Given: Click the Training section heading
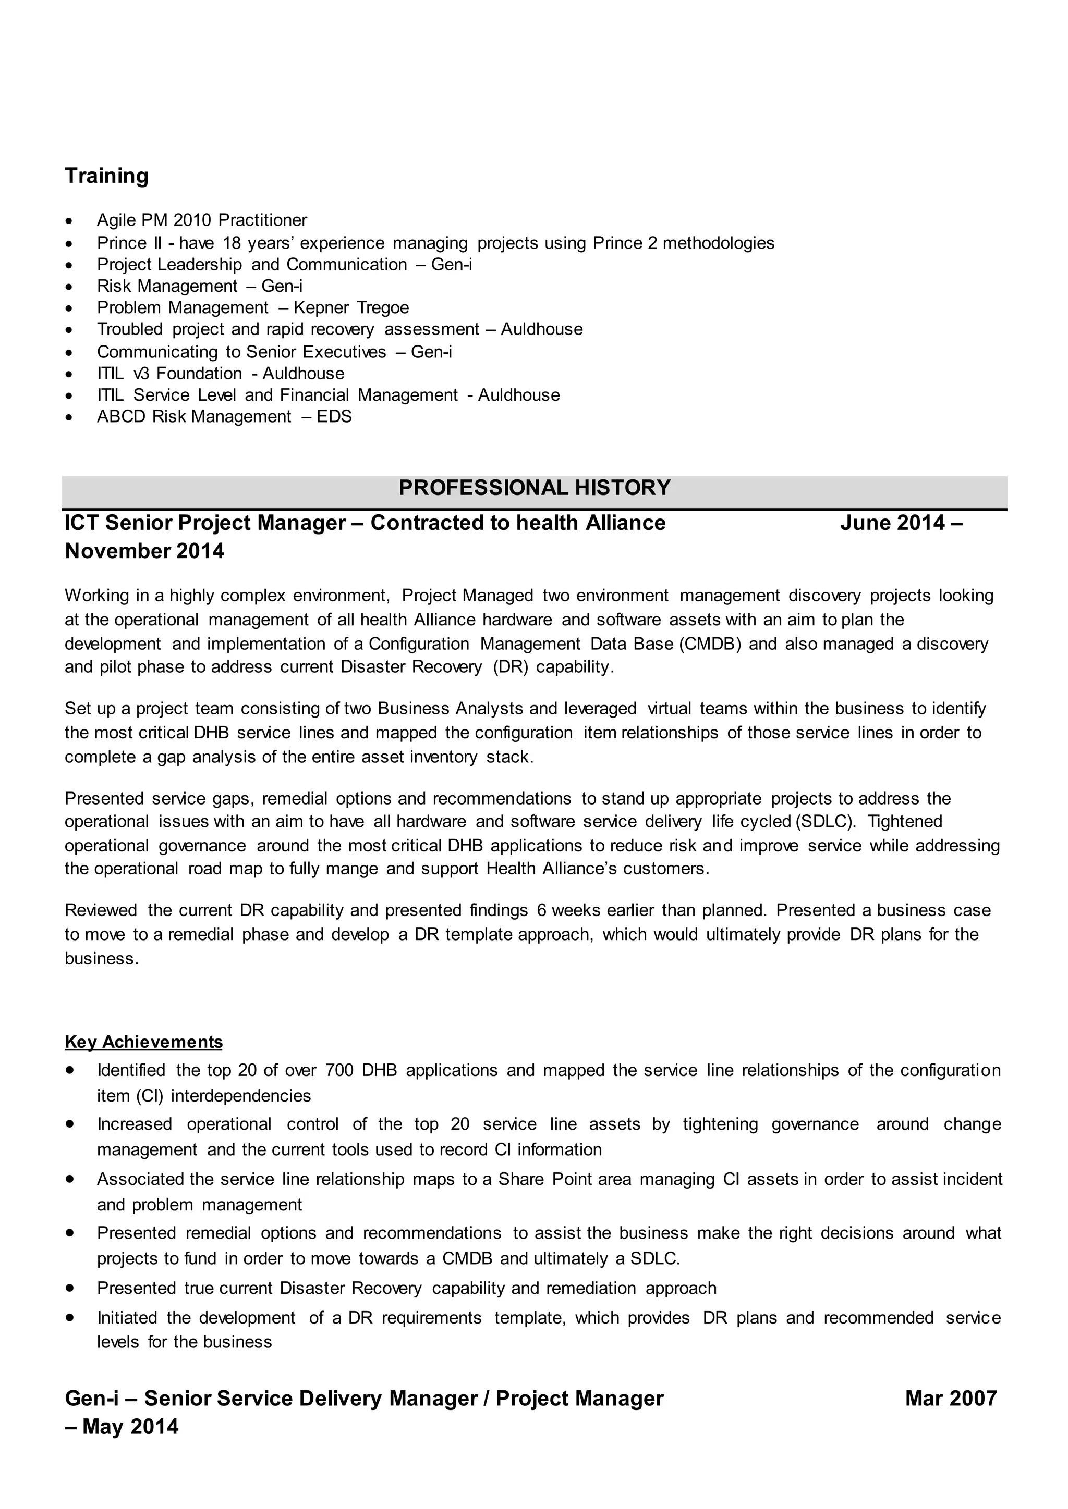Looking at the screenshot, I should pyautogui.click(x=106, y=176).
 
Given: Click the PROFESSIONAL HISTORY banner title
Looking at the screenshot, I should pyautogui.click(x=534, y=488).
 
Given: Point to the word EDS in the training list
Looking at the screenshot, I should pyautogui.click(x=334, y=417).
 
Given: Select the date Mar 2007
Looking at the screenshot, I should pyautogui.click(x=950, y=1398).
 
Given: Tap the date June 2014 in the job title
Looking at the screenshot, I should pyautogui.click(x=892, y=523).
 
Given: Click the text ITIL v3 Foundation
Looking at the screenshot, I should pyautogui.click(x=169, y=373).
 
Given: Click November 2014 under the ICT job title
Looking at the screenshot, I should pyautogui.click(x=144, y=551).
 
